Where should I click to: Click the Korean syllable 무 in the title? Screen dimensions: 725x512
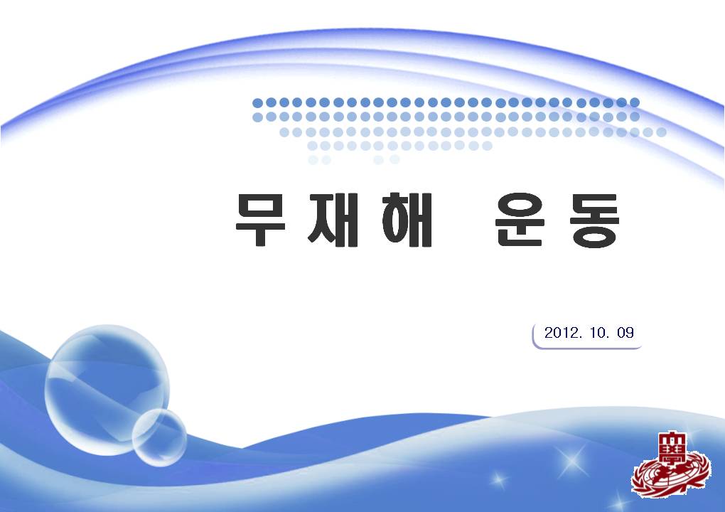(261, 220)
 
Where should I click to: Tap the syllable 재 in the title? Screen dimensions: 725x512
(333, 220)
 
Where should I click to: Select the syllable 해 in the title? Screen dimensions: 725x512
(407, 220)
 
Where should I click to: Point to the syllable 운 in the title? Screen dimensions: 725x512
(520, 220)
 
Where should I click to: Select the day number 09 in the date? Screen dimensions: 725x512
(625, 333)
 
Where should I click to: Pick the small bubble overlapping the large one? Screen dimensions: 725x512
(159, 437)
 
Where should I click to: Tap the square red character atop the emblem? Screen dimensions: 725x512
(672, 447)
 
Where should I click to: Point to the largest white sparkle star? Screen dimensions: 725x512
(572, 461)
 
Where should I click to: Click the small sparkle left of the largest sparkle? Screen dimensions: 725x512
(499, 479)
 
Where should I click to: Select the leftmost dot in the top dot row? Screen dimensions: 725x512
(257, 102)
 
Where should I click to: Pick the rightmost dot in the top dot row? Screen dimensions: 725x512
(634, 102)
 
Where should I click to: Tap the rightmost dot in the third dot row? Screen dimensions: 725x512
(661, 132)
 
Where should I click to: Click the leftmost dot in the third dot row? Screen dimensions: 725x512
(284, 132)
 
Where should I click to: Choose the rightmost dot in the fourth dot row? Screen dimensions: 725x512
(487, 146)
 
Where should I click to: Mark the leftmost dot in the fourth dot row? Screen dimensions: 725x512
(312, 146)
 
